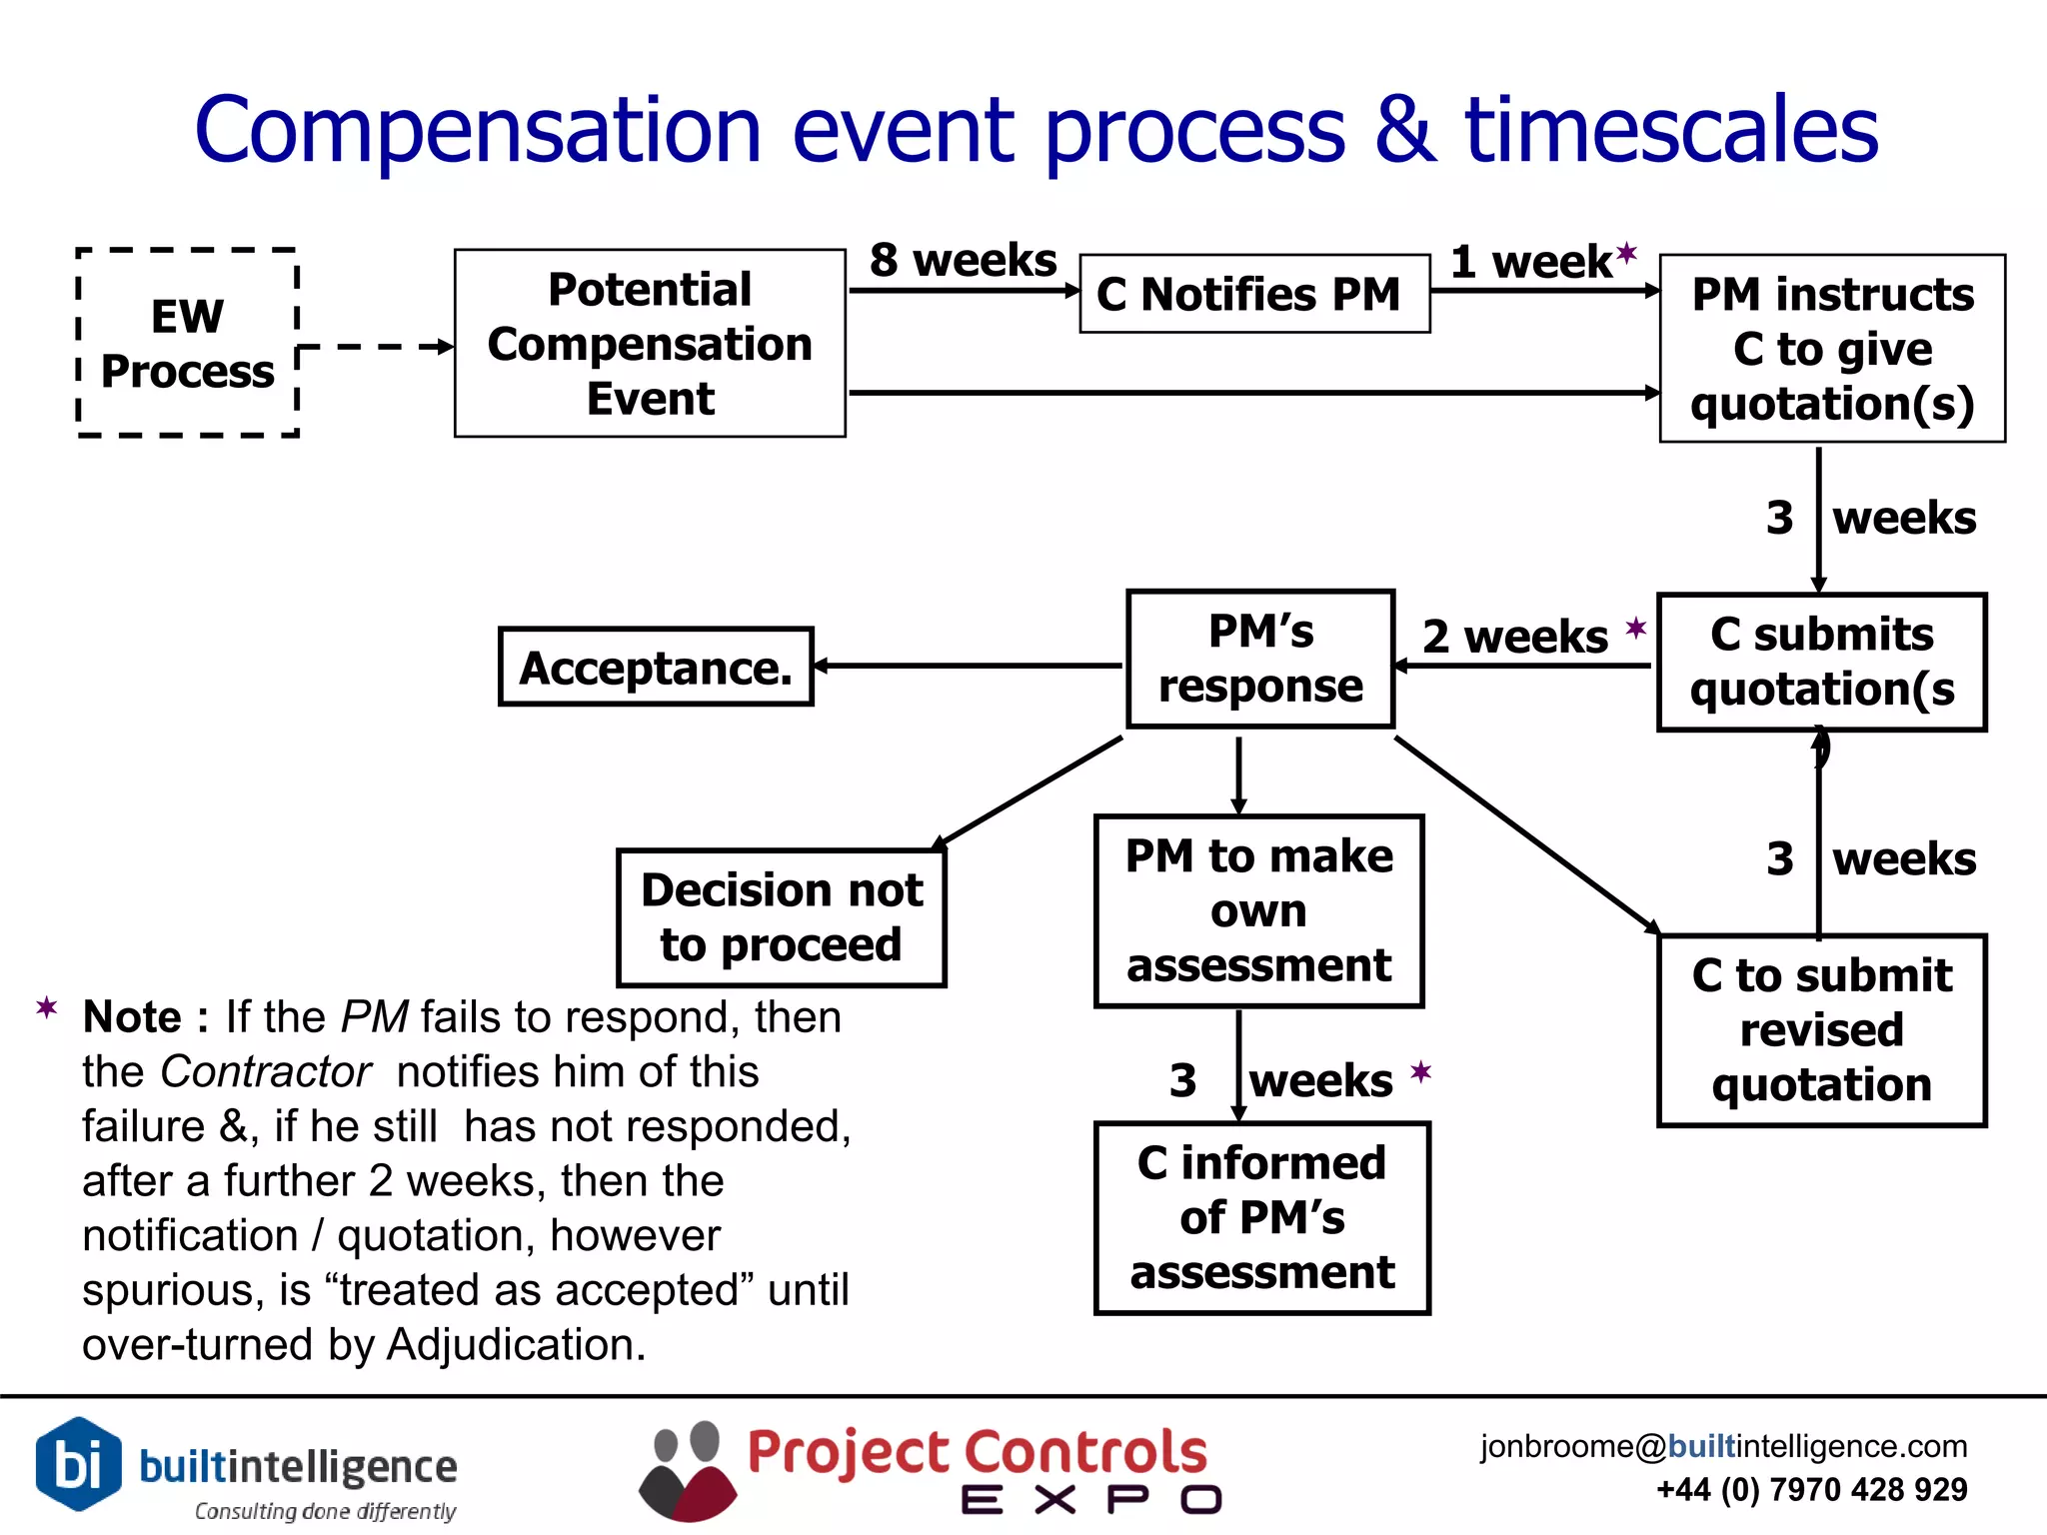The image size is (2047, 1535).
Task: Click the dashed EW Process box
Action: (x=188, y=343)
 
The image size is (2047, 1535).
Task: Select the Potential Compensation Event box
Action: (x=650, y=343)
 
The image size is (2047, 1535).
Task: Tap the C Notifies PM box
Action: (x=1253, y=294)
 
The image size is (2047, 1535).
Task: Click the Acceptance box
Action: (x=656, y=667)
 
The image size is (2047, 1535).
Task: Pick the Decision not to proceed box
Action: (x=781, y=917)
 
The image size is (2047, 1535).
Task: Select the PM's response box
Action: (x=1259, y=659)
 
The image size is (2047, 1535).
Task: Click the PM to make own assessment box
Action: (x=1258, y=910)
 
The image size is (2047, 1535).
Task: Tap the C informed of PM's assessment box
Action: (x=1261, y=1217)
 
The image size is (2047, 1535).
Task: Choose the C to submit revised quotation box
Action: (x=1821, y=1029)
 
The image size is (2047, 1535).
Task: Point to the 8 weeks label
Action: (x=962, y=260)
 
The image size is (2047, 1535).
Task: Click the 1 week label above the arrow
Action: (x=1531, y=262)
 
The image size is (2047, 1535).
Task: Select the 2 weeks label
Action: (x=1514, y=637)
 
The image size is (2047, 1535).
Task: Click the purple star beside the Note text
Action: (x=46, y=1006)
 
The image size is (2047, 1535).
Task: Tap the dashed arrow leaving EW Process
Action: (x=380, y=348)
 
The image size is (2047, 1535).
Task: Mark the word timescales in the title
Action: (x=1671, y=130)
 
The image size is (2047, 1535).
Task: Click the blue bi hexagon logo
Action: (x=78, y=1464)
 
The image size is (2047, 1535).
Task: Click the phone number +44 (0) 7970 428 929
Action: (x=1811, y=1489)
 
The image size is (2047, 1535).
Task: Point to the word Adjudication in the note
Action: (x=515, y=1344)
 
